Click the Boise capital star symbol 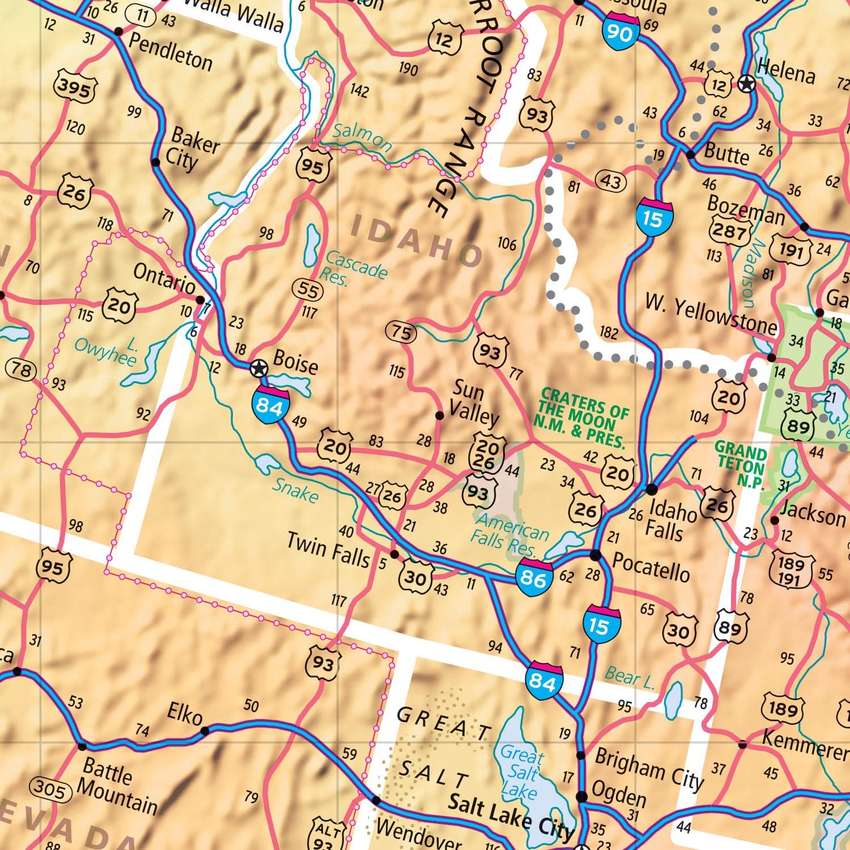[x=258, y=369]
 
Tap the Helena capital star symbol [x=747, y=85]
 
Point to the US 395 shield [x=75, y=89]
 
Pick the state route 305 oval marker [x=50, y=788]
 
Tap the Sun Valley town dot [x=439, y=415]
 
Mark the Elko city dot [x=205, y=730]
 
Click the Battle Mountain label [x=116, y=785]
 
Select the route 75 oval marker [x=401, y=333]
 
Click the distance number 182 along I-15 [x=609, y=332]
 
